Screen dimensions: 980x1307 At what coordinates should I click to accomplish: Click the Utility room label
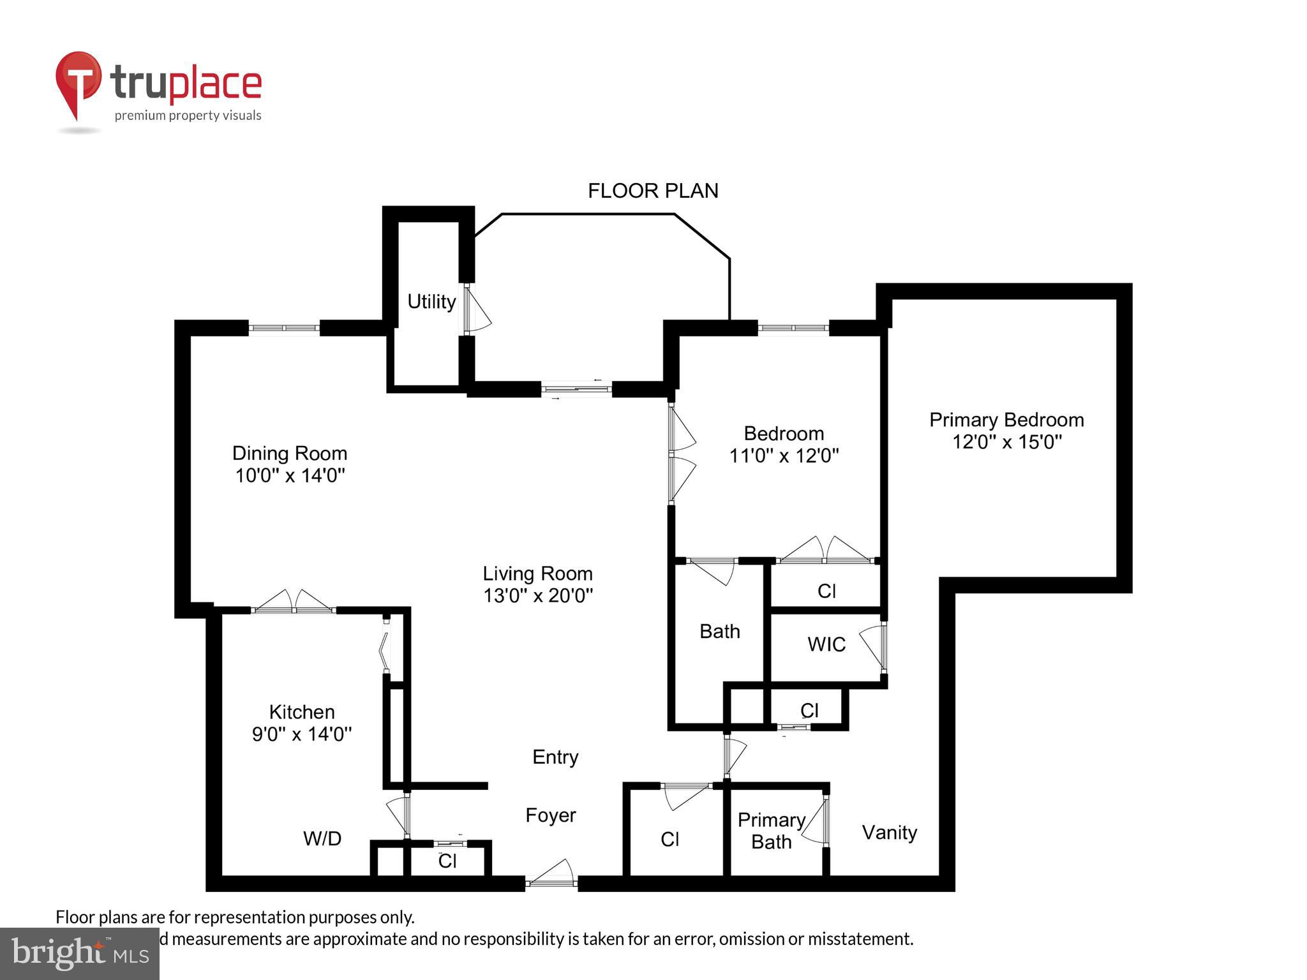tap(431, 301)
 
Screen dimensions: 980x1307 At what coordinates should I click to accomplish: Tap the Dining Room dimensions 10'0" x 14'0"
tap(290, 476)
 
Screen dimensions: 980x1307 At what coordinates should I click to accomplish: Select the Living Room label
tap(537, 573)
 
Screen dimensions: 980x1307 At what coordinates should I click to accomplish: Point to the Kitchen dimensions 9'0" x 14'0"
tap(301, 734)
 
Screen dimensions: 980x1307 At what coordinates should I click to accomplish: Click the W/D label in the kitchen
tap(322, 838)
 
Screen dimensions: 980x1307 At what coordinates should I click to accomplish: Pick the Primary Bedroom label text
tap(1006, 420)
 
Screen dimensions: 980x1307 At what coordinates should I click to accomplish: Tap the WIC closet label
tap(826, 644)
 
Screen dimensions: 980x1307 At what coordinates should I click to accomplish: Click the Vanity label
tap(890, 832)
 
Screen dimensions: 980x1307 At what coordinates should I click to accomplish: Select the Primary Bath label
tap(771, 831)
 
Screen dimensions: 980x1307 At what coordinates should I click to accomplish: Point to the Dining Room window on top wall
tap(284, 328)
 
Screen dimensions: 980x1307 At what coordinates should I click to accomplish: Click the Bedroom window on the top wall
tap(793, 328)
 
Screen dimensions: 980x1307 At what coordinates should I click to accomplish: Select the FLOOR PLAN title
tap(653, 191)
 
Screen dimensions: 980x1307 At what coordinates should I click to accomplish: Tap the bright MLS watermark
tap(80, 953)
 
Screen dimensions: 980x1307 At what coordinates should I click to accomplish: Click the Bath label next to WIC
tap(719, 632)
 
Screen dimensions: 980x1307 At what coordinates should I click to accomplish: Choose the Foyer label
tap(551, 815)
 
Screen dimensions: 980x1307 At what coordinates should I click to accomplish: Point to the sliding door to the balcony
tap(576, 389)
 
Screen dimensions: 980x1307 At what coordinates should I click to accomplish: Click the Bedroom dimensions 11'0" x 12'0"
tap(784, 456)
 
